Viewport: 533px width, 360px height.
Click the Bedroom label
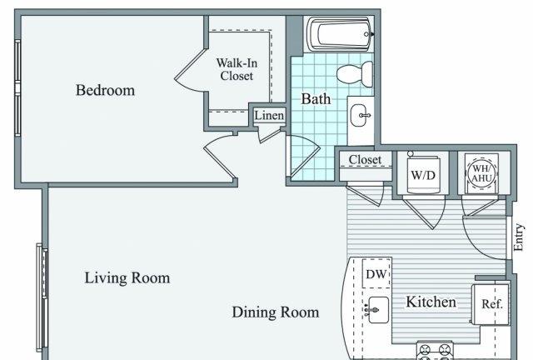[105, 91]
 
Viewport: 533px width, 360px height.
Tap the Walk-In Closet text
[237, 69]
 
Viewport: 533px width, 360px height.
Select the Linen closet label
[269, 115]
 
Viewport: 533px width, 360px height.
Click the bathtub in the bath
[339, 34]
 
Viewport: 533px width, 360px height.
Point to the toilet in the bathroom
[355, 74]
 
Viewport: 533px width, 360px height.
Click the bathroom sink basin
[360, 115]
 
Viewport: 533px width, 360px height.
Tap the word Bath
[316, 99]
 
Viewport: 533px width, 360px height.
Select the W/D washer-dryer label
[423, 175]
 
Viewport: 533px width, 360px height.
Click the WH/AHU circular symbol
[481, 172]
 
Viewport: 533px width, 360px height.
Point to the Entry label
[518, 237]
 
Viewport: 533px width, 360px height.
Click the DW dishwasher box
[376, 273]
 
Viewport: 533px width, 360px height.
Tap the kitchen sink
[378, 310]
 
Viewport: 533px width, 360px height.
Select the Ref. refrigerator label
[491, 303]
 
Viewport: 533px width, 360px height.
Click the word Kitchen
[431, 302]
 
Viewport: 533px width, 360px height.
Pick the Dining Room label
[276, 312]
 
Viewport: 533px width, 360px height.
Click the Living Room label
[127, 278]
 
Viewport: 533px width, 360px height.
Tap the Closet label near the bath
[365, 160]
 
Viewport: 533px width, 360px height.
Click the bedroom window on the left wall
[17, 87]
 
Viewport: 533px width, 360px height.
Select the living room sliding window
[42, 297]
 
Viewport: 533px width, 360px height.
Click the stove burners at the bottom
[435, 352]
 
